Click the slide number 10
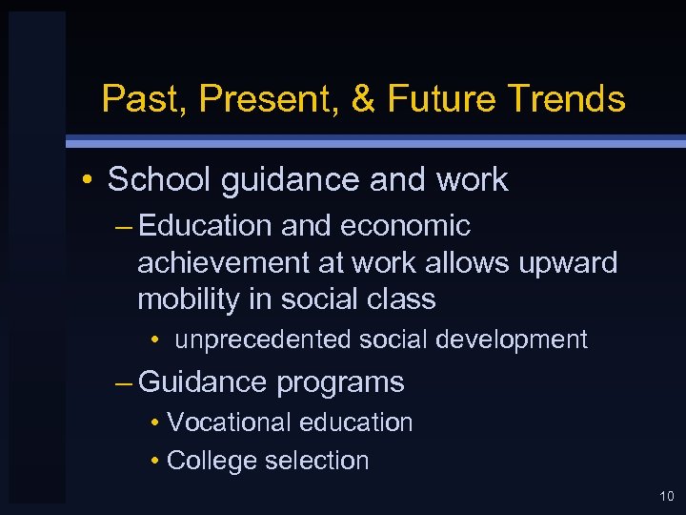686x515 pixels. pos(664,496)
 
